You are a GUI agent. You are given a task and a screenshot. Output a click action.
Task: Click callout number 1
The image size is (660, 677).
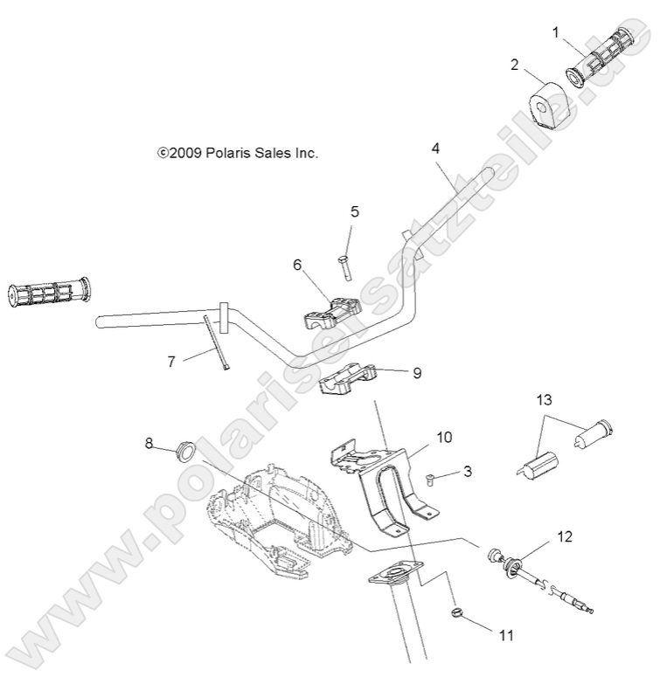pos(556,32)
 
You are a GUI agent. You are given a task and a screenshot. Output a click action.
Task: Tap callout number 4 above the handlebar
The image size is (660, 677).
pos(436,149)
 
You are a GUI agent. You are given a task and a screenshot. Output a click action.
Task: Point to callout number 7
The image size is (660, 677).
pos(171,360)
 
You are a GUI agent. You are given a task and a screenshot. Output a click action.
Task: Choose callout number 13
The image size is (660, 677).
pos(545,400)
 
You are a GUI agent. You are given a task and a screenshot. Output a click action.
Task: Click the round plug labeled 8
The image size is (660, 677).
pos(185,451)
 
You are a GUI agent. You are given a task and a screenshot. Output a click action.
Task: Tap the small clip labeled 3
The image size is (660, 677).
pos(430,479)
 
